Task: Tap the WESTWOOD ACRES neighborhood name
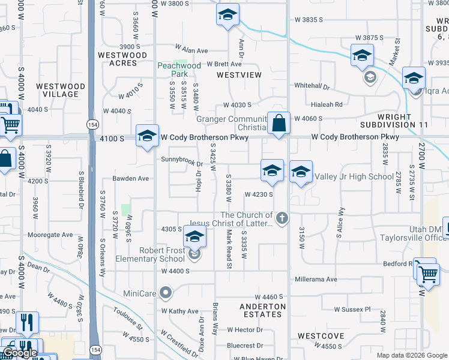tap(122, 59)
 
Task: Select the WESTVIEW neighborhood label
tap(239, 75)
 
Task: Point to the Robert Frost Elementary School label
tap(162, 254)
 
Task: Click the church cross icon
tap(281, 217)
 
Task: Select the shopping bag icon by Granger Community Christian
tap(279, 124)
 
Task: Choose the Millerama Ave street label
tap(316, 280)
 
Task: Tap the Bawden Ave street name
tap(131, 179)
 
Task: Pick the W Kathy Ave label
tap(179, 311)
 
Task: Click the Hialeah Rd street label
tap(330, 104)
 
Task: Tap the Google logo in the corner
tap(19, 353)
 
